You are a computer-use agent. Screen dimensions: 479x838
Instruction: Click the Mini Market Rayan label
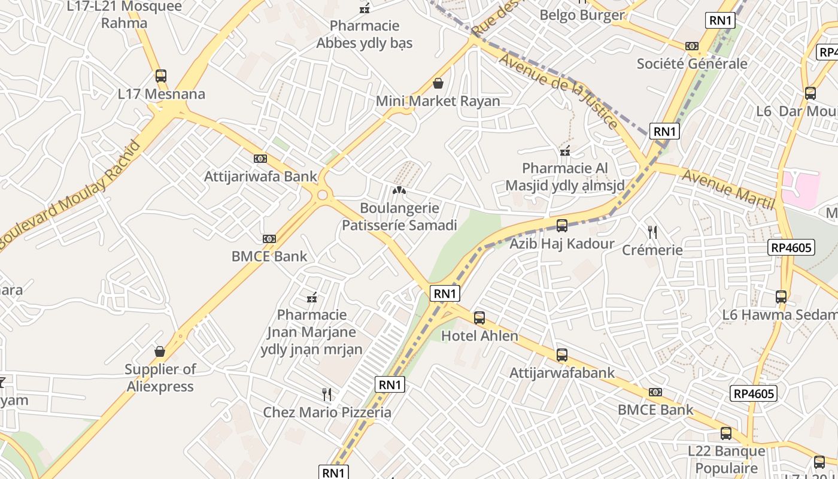coord(438,101)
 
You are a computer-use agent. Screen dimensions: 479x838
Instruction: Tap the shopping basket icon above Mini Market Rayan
coord(438,83)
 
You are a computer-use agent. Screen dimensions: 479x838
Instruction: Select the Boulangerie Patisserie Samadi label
coord(399,217)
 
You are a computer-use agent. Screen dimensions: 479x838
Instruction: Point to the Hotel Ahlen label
coord(479,336)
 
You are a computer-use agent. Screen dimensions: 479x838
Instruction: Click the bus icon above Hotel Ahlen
coord(479,318)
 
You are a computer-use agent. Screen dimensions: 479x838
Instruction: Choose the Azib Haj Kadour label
coord(561,244)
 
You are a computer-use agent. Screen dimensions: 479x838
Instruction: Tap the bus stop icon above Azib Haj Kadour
coord(561,226)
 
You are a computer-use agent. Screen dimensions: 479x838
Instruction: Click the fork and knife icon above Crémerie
coord(652,232)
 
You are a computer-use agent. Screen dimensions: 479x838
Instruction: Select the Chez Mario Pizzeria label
coord(327,413)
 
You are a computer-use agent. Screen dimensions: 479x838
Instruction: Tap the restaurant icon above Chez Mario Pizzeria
coord(327,394)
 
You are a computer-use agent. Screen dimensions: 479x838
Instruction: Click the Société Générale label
coord(692,63)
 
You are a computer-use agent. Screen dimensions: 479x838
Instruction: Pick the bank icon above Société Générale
coord(692,46)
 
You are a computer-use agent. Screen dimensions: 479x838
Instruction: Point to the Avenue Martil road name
coord(728,189)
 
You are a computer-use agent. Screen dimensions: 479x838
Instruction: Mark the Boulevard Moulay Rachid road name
coord(71,193)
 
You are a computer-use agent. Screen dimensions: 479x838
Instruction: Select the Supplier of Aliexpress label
coord(160,378)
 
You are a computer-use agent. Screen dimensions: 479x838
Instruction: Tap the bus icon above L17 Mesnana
coord(160,76)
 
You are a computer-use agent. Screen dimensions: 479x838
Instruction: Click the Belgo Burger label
coord(582,15)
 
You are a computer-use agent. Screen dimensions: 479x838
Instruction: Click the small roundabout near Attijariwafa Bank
coord(323,195)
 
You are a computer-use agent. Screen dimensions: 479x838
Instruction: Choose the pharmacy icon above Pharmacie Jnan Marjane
coord(311,298)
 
